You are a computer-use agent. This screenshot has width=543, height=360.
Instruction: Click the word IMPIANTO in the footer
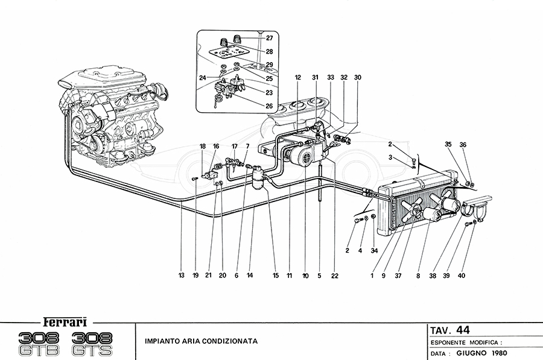(162, 341)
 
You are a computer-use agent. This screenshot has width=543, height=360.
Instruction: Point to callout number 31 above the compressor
(314, 77)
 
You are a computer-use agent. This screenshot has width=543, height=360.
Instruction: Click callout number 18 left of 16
(202, 147)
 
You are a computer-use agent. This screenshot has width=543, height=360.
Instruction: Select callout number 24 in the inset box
(203, 77)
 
